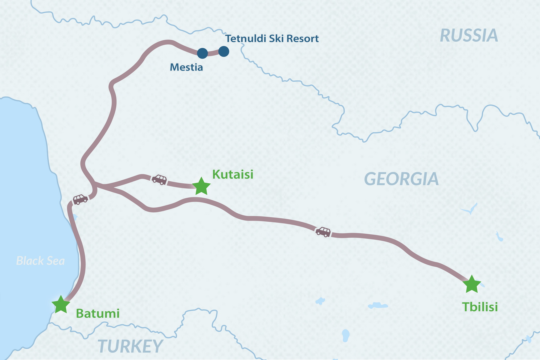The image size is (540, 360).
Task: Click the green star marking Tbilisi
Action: (472, 284)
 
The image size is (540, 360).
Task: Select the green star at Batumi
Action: (61, 305)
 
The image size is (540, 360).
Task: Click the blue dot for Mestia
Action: (202, 53)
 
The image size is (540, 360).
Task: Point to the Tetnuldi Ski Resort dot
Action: (224, 51)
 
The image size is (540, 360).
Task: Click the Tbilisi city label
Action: (480, 307)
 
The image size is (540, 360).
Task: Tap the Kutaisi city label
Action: (233, 174)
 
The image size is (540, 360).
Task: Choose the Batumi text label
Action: (98, 313)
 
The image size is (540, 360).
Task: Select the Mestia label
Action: (186, 67)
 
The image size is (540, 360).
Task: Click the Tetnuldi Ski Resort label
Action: (272, 39)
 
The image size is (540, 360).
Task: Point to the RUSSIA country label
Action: (469, 36)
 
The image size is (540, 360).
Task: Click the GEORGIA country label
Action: (401, 179)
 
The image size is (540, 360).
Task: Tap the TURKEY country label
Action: (130, 346)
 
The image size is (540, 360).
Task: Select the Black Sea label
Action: (40, 261)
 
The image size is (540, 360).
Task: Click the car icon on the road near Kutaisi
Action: (159, 180)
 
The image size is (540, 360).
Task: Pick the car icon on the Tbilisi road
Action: (323, 232)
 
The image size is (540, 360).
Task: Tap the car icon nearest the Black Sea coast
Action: (80, 199)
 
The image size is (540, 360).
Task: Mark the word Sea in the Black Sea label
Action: (55, 261)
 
